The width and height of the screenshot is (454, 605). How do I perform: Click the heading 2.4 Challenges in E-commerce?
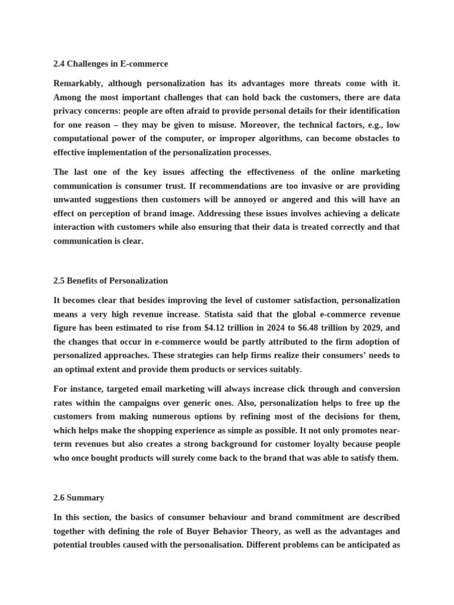pyautogui.click(x=111, y=64)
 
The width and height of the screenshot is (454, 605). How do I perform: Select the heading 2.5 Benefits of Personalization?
pyautogui.click(x=111, y=281)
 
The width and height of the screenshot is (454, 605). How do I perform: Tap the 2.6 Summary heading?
pyautogui.click(x=79, y=497)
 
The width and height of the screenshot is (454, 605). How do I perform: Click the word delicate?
pyautogui.click(x=382, y=213)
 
